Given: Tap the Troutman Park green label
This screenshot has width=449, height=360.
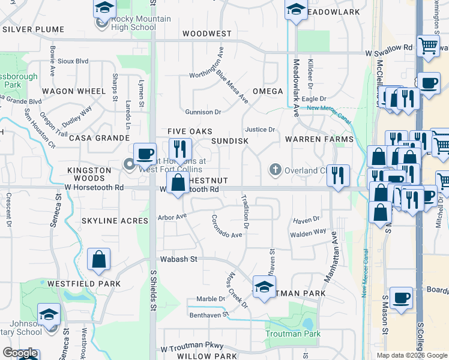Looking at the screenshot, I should tap(294, 334).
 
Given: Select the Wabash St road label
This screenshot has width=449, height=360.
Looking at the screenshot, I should tap(178, 260).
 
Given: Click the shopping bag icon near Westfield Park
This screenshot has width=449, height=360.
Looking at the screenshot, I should tap(98, 260).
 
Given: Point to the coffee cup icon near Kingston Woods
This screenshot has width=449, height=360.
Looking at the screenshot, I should tap(145, 154).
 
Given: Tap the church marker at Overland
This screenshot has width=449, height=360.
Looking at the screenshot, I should tap(276, 170).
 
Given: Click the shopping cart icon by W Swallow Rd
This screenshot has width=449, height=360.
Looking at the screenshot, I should tap(428, 46).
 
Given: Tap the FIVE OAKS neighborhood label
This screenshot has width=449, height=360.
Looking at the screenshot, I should tap(186, 131).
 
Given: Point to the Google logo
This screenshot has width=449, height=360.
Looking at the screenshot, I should tap(20, 354).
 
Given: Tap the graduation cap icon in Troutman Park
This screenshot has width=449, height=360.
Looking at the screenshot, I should tap(264, 287).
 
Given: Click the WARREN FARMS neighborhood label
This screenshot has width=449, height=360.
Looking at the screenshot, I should tap(319, 139).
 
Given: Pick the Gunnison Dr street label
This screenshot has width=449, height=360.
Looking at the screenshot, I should tap(203, 112).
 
